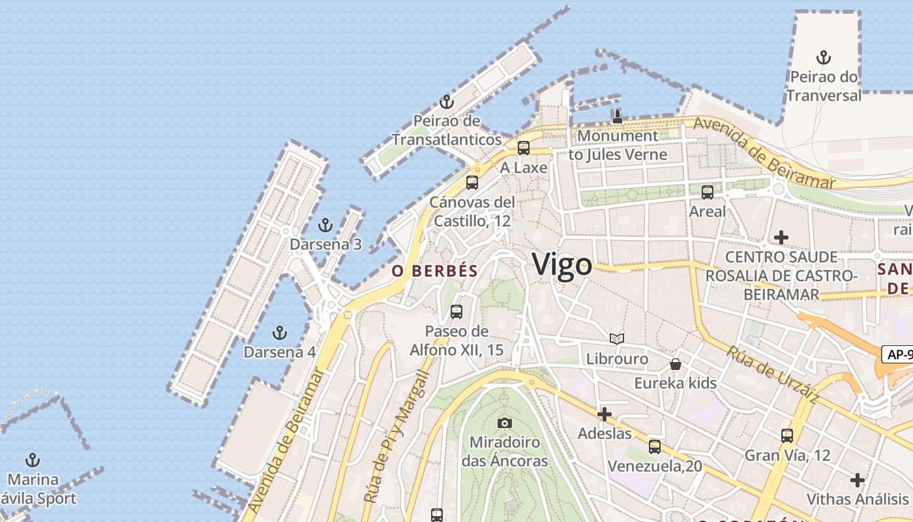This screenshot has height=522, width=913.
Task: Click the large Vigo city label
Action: coord(562,264)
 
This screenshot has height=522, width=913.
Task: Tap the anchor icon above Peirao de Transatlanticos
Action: coord(446,102)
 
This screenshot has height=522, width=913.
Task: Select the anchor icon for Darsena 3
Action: coord(325,226)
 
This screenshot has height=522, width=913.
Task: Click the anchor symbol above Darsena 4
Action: coord(279,333)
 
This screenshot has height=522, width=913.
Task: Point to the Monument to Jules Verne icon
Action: coord(617,117)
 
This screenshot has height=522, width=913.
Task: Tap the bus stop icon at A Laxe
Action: coord(523,148)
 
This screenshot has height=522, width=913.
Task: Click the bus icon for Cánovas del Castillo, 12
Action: coord(472,183)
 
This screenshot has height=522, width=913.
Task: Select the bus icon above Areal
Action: coord(708,192)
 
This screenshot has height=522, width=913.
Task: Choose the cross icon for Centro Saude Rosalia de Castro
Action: coord(781,238)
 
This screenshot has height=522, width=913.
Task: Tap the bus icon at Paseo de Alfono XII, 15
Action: coord(456,312)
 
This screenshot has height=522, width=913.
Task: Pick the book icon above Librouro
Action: coord(617,339)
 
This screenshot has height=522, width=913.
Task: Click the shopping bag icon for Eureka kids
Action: coord(676,364)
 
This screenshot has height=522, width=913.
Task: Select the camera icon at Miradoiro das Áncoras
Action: coord(504,423)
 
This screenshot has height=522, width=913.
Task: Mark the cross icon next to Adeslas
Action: coord(605,414)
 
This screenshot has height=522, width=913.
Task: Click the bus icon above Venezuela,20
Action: coord(655,447)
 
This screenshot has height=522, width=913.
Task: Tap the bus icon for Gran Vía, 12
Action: coord(787,436)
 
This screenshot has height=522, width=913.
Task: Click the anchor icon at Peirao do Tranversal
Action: coord(824,57)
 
